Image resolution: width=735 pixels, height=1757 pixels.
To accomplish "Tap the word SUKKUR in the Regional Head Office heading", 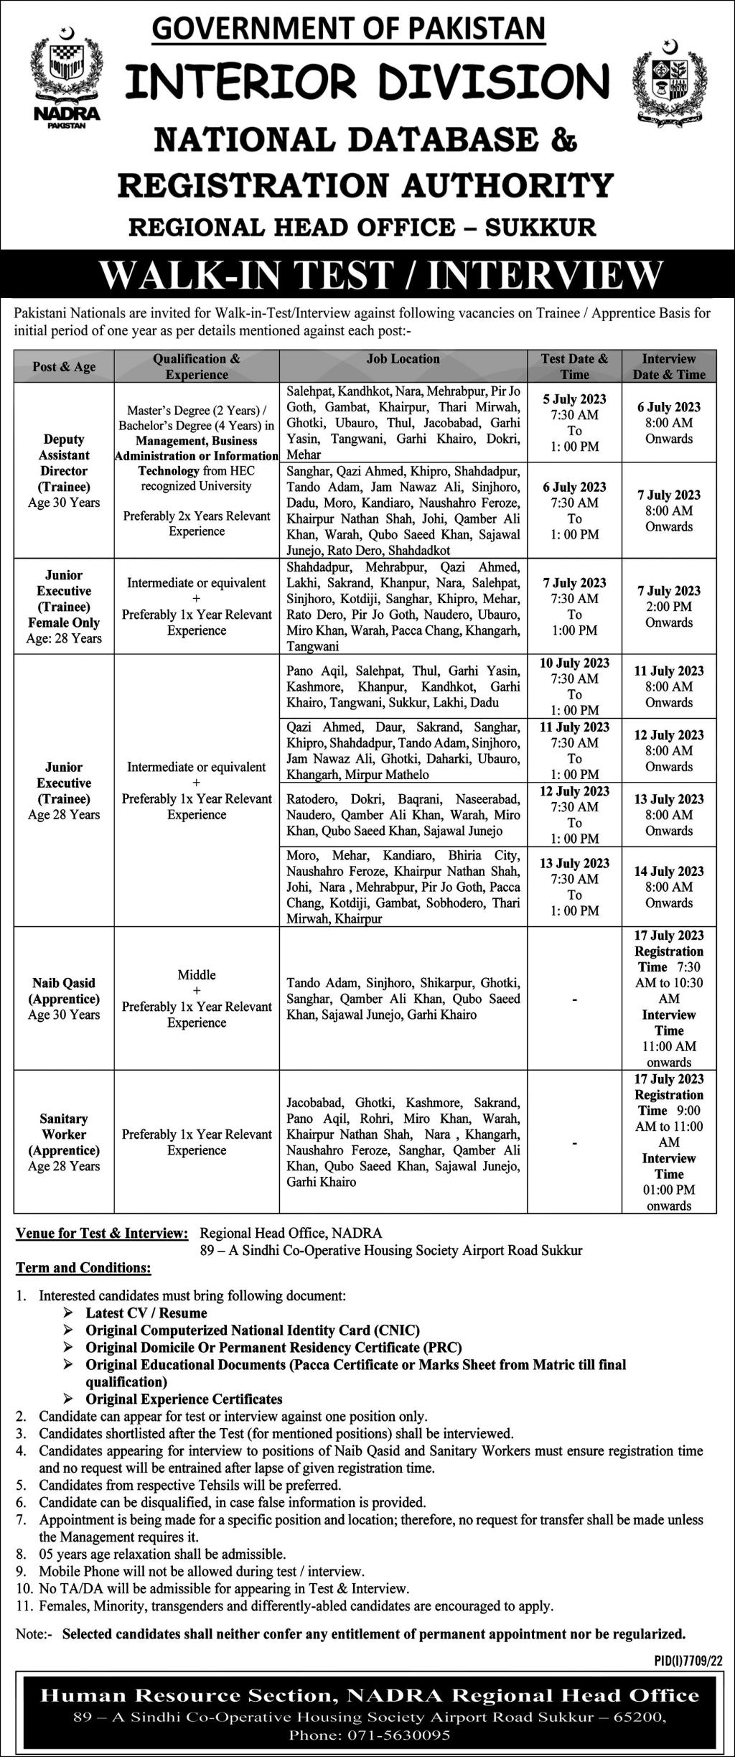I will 540,228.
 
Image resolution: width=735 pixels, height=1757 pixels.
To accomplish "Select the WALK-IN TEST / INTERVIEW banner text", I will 380,274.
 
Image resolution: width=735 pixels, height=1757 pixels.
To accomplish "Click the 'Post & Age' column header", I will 64,367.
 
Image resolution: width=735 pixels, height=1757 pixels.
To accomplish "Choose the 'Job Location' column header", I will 403,359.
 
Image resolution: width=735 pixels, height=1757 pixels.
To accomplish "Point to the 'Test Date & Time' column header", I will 574,366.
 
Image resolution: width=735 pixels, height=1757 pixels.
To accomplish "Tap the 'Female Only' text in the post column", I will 64,623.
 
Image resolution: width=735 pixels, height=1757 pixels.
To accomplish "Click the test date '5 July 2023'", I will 574,399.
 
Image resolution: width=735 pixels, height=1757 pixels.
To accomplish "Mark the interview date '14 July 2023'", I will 669,871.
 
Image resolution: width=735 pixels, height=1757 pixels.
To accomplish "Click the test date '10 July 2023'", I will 574,663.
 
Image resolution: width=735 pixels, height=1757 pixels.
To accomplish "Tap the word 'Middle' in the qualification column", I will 197,974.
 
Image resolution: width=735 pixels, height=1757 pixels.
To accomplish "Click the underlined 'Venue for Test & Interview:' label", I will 102,1233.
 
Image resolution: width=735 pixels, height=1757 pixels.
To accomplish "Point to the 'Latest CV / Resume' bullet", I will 146,1313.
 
